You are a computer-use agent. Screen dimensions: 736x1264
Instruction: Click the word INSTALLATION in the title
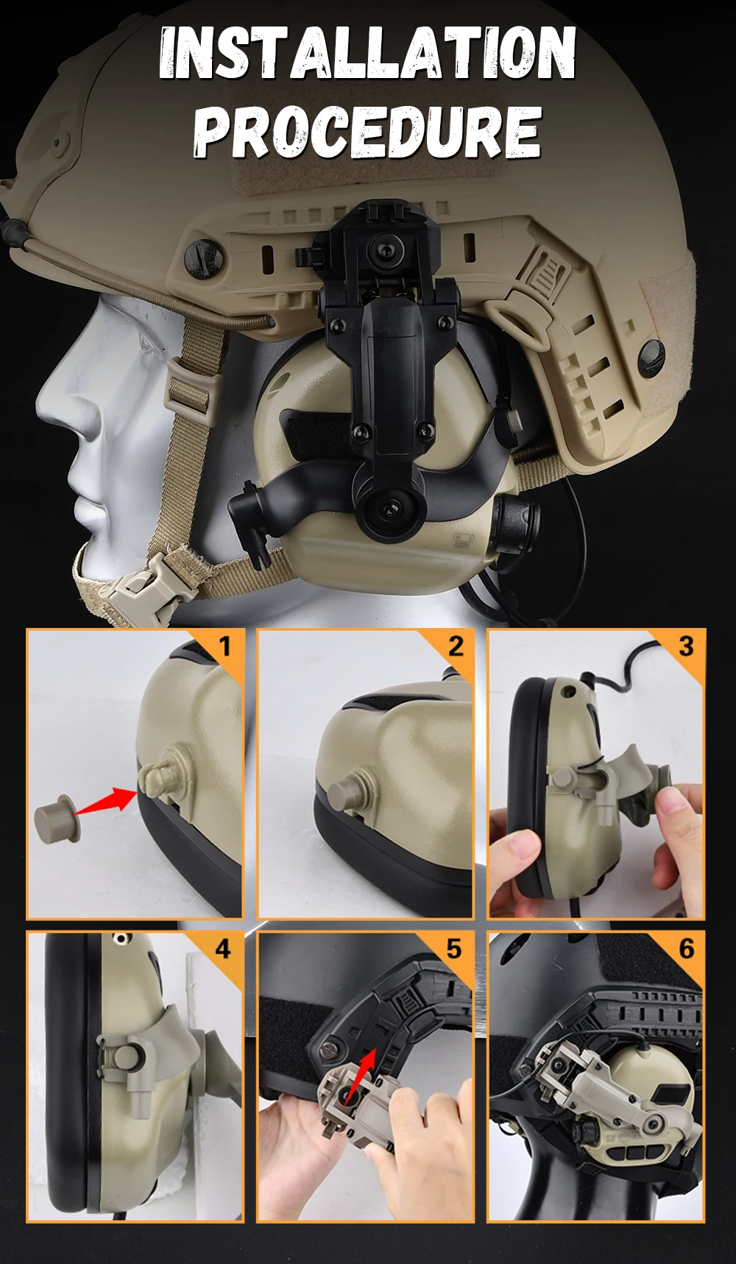367,52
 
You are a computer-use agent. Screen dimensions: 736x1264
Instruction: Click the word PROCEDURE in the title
367,132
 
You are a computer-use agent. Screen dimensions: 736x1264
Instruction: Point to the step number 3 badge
687,646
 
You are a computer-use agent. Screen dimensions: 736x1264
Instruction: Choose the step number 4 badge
223,949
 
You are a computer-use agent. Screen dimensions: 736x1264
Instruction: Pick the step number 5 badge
455,949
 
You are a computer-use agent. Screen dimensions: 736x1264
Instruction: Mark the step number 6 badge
687,949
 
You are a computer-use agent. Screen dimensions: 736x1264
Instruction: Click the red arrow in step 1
106,801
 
